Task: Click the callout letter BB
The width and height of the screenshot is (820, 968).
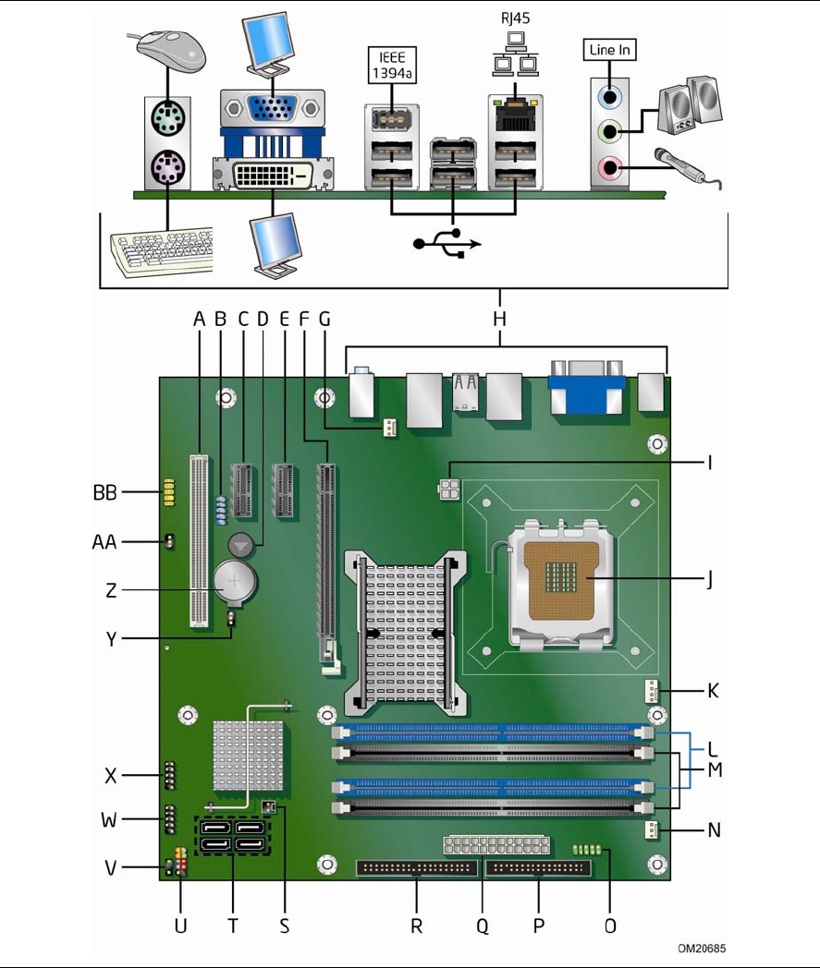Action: click(104, 493)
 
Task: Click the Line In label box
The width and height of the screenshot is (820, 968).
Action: click(609, 51)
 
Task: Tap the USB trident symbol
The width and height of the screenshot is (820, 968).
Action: click(448, 243)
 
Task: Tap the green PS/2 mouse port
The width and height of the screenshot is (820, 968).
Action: click(166, 119)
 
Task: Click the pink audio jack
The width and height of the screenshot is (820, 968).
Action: click(608, 168)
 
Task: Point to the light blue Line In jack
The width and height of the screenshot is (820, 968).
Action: click(608, 95)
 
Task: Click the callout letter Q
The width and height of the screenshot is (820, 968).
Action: click(480, 924)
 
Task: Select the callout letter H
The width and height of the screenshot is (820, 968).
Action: click(500, 319)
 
